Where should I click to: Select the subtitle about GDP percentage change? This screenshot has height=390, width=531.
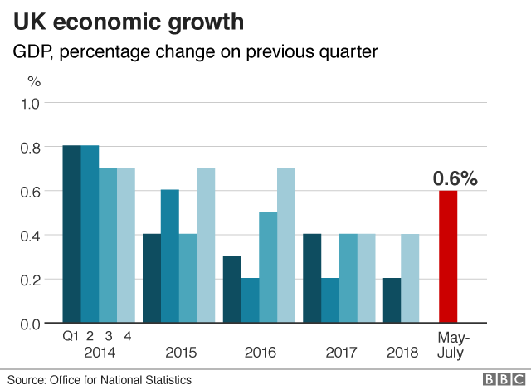[195, 52]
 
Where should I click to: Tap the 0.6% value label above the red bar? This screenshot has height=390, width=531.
[455, 178]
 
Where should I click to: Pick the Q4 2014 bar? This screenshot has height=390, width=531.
[125, 245]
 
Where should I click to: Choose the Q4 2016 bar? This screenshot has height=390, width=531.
[285, 245]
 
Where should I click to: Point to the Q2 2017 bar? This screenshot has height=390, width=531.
[329, 300]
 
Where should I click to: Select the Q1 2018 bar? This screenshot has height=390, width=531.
[392, 300]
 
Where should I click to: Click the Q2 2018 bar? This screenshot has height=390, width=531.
[410, 278]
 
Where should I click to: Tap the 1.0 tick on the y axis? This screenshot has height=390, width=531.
[30, 104]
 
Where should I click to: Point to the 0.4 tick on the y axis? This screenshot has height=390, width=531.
[30, 236]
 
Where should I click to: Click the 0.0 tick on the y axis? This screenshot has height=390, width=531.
[30, 324]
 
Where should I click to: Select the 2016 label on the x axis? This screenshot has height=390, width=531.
[261, 353]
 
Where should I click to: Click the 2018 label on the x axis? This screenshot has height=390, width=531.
[402, 353]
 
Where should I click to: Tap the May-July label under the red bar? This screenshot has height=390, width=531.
[453, 345]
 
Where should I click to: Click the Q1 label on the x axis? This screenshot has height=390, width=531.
[71, 336]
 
